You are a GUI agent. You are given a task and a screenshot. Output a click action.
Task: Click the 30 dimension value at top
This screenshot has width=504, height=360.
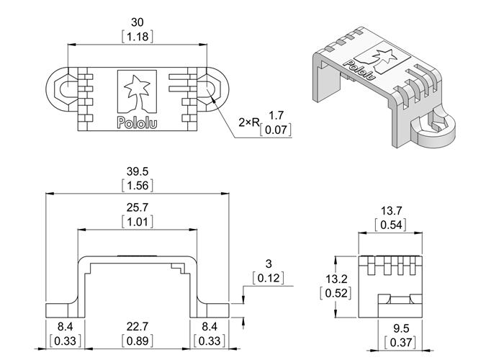(138, 22)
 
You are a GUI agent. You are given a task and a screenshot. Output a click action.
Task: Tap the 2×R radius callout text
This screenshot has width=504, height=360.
(249, 123)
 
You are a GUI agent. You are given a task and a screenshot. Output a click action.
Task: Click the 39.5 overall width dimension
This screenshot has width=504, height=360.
(138, 172)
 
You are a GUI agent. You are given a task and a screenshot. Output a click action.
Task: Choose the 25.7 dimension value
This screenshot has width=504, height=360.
(138, 208)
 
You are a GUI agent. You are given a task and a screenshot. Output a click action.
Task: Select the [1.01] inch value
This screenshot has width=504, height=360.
(138, 222)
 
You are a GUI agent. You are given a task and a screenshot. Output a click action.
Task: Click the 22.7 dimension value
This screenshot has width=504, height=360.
(138, 327)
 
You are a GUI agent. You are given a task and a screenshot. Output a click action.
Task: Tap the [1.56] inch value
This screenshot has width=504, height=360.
(138, 186)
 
